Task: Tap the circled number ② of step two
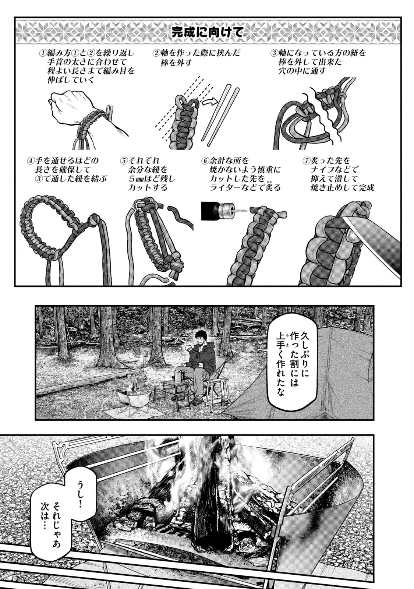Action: pyautogui.click(x=156, y=54)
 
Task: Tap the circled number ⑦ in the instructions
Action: pyautogui.click(x=307, y=161)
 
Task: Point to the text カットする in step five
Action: pyautogui.click(x=148, y=187)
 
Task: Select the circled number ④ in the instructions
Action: pyautogui.click(x=31, y=161)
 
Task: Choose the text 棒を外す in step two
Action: pyautogui.click(x=176, y=63)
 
